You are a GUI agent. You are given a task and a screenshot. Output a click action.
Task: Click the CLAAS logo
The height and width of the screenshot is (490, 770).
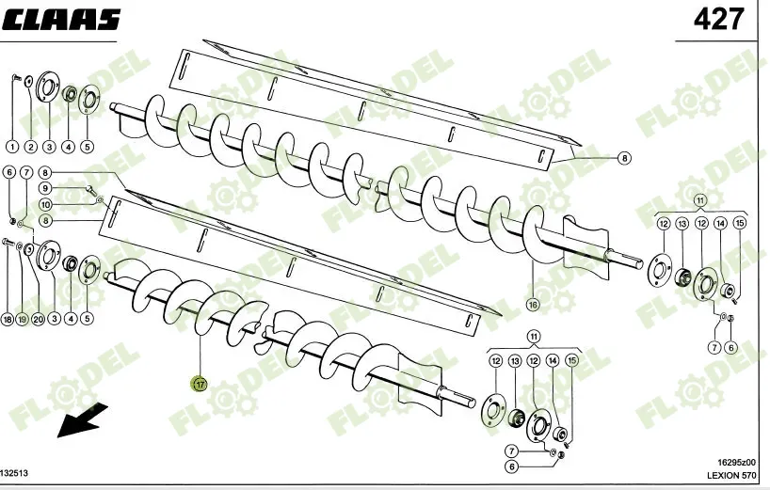click(x=61, y=20)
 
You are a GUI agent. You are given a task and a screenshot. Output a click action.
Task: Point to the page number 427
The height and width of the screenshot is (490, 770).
click(x=718, y=20)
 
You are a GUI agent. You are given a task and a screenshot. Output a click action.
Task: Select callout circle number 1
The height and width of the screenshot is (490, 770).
click(x=12, y=146)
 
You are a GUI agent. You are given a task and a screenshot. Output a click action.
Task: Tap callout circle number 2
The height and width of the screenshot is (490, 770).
click(x=30, y=146)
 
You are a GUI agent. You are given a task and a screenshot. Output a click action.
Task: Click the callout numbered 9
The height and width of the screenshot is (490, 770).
click(x=45, y=188)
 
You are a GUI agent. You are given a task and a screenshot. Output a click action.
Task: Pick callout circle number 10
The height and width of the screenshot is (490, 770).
click(x=45, y=204)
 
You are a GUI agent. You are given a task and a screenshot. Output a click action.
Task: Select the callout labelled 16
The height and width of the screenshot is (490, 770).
click(x=533, y=305)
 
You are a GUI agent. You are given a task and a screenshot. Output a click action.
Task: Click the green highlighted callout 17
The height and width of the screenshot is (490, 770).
click(x=200, y=384)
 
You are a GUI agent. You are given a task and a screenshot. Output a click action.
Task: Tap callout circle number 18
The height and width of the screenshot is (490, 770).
click(x=8, y=320)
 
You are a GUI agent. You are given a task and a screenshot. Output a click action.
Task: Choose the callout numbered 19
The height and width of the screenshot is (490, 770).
click(x=22, y=320)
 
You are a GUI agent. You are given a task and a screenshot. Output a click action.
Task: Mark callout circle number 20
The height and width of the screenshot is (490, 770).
click(x=39, y=320)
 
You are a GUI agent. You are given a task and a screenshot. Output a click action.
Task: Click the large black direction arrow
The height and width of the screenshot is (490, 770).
click(x=82, y=419)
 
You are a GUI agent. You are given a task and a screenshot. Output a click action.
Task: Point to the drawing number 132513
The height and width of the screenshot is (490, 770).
click(x=14, y=473)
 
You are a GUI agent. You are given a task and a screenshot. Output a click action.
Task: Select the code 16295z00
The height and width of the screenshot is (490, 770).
click(x=737, y=462)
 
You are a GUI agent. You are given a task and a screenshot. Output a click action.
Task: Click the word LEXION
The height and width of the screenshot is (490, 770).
click(x=723, y=475)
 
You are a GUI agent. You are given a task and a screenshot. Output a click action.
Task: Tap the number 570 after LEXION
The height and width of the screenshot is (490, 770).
click(x=749, y=475)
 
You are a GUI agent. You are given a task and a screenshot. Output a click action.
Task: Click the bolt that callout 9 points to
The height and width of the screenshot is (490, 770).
click(x=91, y=189)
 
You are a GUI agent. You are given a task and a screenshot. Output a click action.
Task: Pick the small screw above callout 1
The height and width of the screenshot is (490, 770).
click(x=14, y=77)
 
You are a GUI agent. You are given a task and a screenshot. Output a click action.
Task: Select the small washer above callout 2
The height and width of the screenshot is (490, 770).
click(x=29, y=80)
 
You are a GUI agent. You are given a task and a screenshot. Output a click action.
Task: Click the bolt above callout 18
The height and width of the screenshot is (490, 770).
click(x=8, y=242)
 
